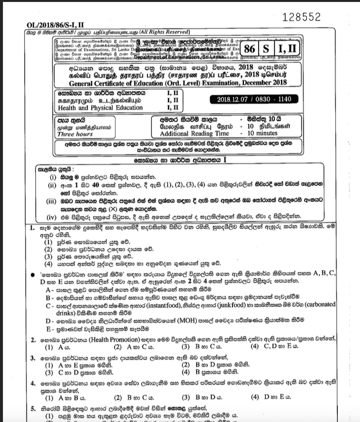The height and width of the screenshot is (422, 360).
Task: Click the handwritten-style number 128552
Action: tap(301, 17)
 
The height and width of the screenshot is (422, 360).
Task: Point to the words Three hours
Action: tap(75, 134)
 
